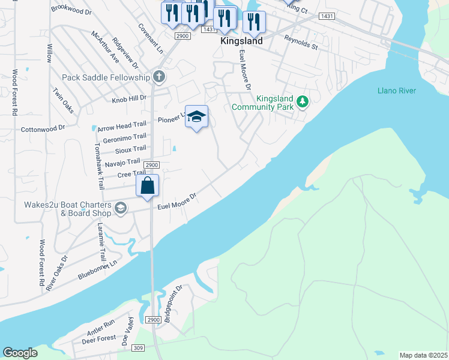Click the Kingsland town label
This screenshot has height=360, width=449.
point(241,41)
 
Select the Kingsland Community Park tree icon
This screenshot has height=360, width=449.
point(303,101)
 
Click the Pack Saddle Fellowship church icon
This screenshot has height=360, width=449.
point(158,77)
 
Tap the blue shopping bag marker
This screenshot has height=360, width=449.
point(148,186)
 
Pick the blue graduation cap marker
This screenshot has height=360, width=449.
point(196,117)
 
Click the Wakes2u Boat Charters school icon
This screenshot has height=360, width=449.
point(121,208)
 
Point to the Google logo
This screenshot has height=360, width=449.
point(20,353)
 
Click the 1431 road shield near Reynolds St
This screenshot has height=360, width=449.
point(327,16)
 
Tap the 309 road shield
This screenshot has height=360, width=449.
point(138,348)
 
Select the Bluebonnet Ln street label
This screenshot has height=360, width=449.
point(98,269)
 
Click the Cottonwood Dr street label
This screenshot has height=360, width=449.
point(43,128)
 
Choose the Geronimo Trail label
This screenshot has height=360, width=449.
point(124,138)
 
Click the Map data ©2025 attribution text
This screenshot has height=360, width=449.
point(423,355)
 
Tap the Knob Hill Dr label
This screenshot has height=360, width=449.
point(129,98)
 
